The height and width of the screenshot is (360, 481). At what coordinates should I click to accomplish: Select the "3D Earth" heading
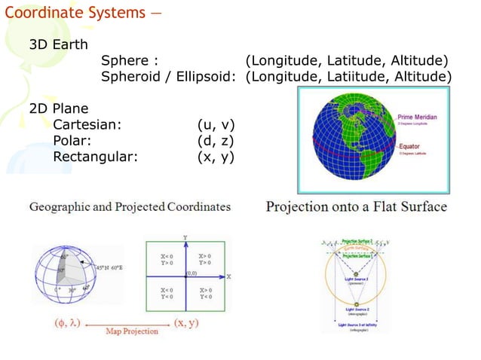[59, 44]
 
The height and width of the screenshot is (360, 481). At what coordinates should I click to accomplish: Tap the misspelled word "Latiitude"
[355, 77]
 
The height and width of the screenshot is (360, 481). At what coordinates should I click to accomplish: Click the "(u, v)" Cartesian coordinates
[216, 124]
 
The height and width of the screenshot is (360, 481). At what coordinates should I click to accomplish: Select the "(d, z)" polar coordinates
[216, 141]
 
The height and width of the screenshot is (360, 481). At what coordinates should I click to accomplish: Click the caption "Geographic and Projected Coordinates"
[130, 206]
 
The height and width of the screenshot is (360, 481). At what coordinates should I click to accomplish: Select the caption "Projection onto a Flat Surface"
[356, 206]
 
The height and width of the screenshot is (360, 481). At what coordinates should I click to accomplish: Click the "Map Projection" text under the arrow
[132, 331]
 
